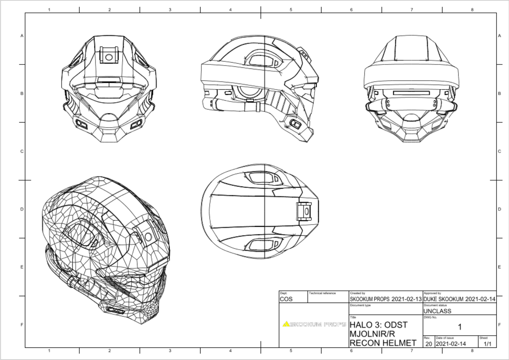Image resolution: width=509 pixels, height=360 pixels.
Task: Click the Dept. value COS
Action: [x=286, y=299]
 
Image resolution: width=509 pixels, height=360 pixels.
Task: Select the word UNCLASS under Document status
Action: [x=437, y=311]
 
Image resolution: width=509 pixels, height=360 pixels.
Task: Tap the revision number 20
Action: [x=429, y=344]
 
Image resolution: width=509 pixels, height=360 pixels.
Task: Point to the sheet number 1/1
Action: [x=487, y=344]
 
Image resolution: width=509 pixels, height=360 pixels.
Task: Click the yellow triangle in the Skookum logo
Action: [x=286, y=324]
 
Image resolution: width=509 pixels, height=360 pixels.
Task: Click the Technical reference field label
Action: [x=322, y=293]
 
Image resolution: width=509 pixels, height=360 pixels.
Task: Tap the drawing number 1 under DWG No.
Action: [x=459, y=327]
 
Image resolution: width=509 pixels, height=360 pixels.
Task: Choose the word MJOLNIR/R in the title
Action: [x=372, y=334]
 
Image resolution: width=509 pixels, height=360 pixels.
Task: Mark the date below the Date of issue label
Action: [x=451, y=344]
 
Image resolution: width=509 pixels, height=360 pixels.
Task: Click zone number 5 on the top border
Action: [x=291, y=10]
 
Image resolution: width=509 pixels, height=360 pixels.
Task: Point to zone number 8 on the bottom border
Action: [x=472, y=350]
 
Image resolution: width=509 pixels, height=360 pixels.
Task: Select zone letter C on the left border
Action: [x=22, y=151]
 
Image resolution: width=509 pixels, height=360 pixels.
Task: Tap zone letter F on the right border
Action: [x=499, y=325]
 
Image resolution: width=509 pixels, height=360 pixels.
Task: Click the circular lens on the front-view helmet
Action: [x=109, y=57]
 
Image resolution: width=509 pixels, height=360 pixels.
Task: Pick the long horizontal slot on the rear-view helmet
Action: [x=411, y=93]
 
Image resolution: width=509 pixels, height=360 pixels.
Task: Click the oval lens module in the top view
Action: [x=307, y=211]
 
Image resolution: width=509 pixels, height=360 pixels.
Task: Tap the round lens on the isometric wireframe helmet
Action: [x=148, y=236]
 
